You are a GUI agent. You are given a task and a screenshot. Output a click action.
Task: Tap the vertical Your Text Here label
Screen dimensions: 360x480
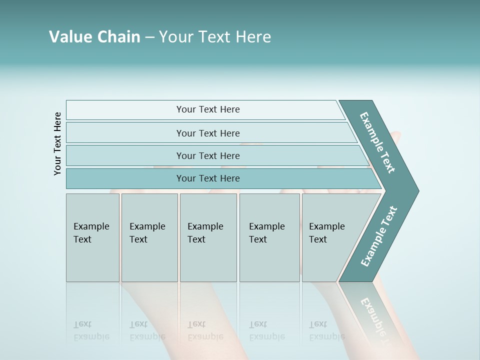58,143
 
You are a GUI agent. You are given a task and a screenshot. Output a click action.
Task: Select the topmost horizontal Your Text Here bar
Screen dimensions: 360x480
207,109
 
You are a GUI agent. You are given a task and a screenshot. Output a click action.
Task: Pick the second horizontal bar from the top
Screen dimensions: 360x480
207,133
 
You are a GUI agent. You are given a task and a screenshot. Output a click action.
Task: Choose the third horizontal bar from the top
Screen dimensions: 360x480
207,155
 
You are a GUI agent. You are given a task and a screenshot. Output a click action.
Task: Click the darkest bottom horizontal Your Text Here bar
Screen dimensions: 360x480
207,178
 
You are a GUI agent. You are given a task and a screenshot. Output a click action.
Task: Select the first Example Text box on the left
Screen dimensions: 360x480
92,237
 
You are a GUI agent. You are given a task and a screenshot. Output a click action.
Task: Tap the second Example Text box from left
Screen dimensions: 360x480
149,237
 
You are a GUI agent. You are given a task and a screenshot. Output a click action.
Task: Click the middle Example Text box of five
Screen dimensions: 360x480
208,237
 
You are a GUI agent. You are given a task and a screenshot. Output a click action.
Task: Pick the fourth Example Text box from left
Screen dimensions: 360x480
269,237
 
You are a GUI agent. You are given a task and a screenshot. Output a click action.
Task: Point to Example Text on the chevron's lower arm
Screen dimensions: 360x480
379,236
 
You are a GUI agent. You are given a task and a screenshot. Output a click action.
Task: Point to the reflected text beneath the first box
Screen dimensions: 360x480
90,330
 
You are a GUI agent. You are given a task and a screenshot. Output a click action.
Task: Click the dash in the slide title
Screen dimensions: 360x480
149,37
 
